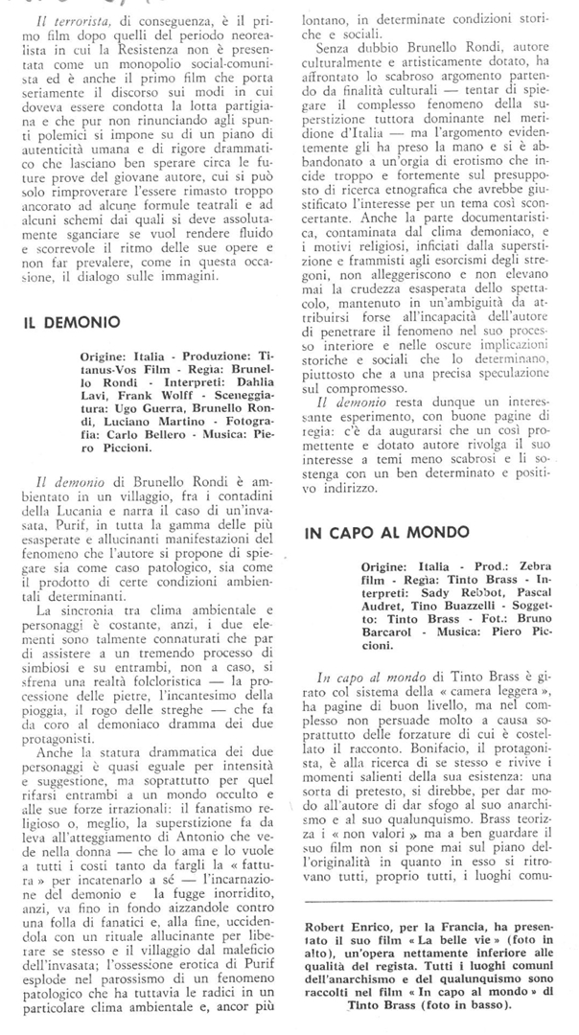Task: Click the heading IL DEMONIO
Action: (x=72, y=322)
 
